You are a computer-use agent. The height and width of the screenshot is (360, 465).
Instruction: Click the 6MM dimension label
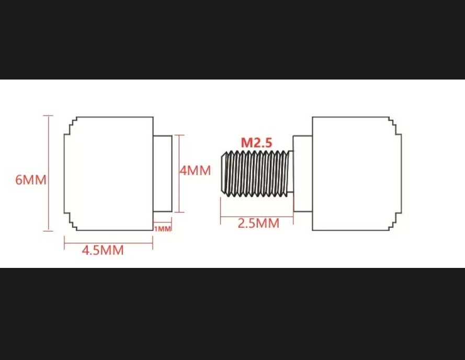coord(31,180)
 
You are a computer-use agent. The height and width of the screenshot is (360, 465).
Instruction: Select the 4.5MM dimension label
coord(103,250)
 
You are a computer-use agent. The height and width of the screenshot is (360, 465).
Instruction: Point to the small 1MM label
coord(163,229)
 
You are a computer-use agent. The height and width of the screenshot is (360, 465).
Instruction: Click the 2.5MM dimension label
coord(258,223)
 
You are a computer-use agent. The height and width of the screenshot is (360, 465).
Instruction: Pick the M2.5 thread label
coord(256,142)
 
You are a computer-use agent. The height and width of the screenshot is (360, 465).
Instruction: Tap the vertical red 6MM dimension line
coord(48,173)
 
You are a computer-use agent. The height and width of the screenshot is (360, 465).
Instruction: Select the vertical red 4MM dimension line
coord(179,174)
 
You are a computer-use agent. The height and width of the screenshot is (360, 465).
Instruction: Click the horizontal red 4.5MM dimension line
coord(109,243)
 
